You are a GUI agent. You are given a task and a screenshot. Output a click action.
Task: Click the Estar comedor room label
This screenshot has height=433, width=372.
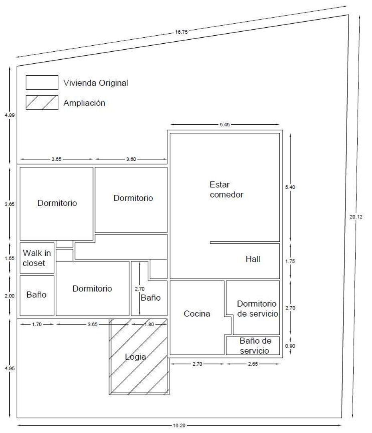(226, 189)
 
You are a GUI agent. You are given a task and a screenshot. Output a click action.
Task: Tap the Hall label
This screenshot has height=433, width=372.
(253, 259)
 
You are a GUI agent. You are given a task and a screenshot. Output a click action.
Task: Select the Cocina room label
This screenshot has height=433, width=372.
(197, 314)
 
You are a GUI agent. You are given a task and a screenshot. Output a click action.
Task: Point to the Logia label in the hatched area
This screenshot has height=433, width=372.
(135, 357)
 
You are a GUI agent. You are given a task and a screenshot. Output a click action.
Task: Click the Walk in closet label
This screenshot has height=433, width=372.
(37, 258)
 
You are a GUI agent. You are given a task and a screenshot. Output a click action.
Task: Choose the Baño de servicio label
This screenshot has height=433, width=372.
(255, 346)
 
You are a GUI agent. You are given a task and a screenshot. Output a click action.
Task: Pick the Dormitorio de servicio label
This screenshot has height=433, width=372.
(257, 309)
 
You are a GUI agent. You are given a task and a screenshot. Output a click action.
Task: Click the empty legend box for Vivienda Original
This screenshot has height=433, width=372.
(42, 83)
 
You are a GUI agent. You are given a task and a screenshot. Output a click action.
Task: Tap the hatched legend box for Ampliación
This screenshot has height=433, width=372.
(42, 103)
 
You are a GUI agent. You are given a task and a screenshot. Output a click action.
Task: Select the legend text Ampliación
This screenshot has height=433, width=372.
(84, 103)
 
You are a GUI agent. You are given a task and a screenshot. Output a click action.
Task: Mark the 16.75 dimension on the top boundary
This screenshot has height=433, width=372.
(181, 32)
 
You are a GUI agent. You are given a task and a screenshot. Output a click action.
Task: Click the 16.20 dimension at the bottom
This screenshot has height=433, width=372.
(179, 425)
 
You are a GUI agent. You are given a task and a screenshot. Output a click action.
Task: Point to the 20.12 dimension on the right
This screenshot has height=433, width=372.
(356, 217)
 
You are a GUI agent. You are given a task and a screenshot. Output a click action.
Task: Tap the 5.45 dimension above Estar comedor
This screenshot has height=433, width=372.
(225, 125)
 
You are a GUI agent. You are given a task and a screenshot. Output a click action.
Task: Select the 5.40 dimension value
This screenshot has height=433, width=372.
(290, 187)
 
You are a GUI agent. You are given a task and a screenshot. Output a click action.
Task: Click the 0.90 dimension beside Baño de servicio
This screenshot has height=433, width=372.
(290, 346)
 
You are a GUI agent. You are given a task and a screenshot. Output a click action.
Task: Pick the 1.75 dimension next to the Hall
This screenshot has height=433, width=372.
(290, 261)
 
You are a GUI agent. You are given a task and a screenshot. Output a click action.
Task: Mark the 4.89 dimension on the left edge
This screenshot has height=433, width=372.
(10, 115)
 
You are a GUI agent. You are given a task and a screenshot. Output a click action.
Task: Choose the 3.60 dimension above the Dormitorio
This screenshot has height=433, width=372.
(131, 159)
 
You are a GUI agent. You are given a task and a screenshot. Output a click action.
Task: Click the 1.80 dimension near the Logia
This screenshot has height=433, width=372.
(149, 324)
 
